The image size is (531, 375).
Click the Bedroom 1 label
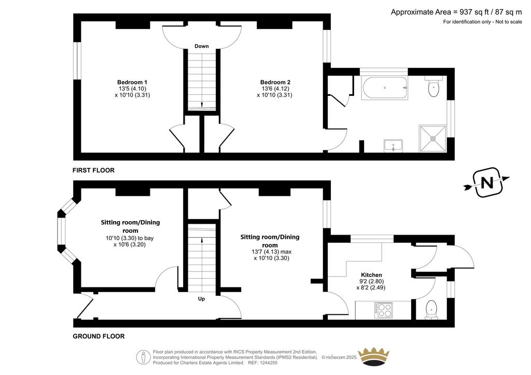(x=132, y=82)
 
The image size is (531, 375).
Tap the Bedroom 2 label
(x=275, y=82)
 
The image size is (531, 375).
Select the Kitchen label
(x=371, y=275)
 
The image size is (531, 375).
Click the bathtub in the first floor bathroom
(x=384, y=88)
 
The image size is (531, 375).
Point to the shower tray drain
(x=433, y=139)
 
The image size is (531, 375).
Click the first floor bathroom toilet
(x=434, y=86)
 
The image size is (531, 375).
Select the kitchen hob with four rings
(x=383, y=310)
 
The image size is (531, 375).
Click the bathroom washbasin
(x=393, y=146)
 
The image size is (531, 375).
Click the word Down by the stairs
(x=202, y=46)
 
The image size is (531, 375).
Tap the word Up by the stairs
(x=202, y=299)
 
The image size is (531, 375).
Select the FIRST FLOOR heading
(x=93, y=170)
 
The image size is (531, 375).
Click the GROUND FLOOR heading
(x=99, y=337)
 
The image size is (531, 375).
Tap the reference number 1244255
(x=268, y=363)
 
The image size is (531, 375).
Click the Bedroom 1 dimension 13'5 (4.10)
(x=132, y=89)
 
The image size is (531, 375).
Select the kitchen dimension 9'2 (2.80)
(x=371, y=281)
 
